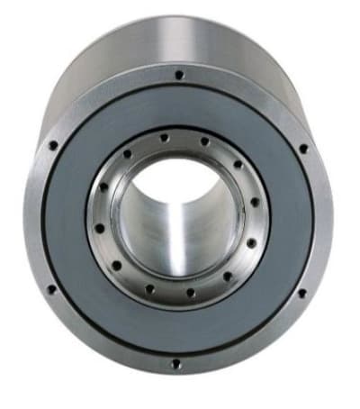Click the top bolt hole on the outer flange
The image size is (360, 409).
(x=179, y=74)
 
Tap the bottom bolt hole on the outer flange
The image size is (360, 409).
(x=175, y=364)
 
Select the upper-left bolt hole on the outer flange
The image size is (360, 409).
(x=53, y=144)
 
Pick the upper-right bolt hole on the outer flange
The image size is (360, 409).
(x=302, y=149)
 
